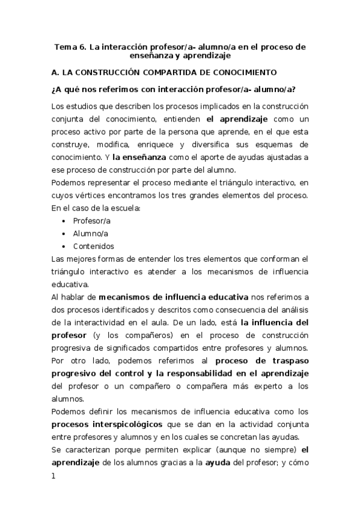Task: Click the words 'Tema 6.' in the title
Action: coord(70,46)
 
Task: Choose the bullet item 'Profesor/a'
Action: coord(91,221)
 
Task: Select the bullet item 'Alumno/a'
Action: coord(91,233)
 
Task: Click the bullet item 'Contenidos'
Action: coord(93,246)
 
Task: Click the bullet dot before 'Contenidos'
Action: coord(64,246)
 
